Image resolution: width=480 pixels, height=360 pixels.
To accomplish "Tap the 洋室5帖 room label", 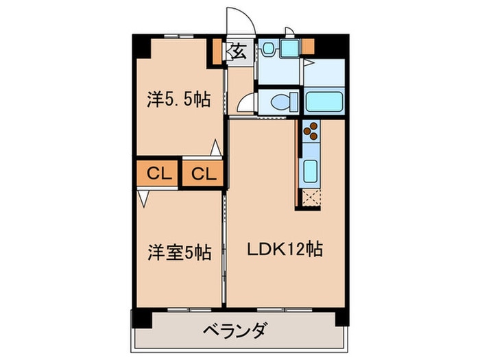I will [x=178, y=252].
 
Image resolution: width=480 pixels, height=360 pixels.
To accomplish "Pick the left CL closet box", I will [x=158, y=173].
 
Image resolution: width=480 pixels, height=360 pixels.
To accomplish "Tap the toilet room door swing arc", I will [x=244, y=103].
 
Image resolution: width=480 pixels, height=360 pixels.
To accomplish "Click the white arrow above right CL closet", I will [x=215, y=147].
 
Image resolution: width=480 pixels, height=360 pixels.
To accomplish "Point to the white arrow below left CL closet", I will [x=143, y=198].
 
